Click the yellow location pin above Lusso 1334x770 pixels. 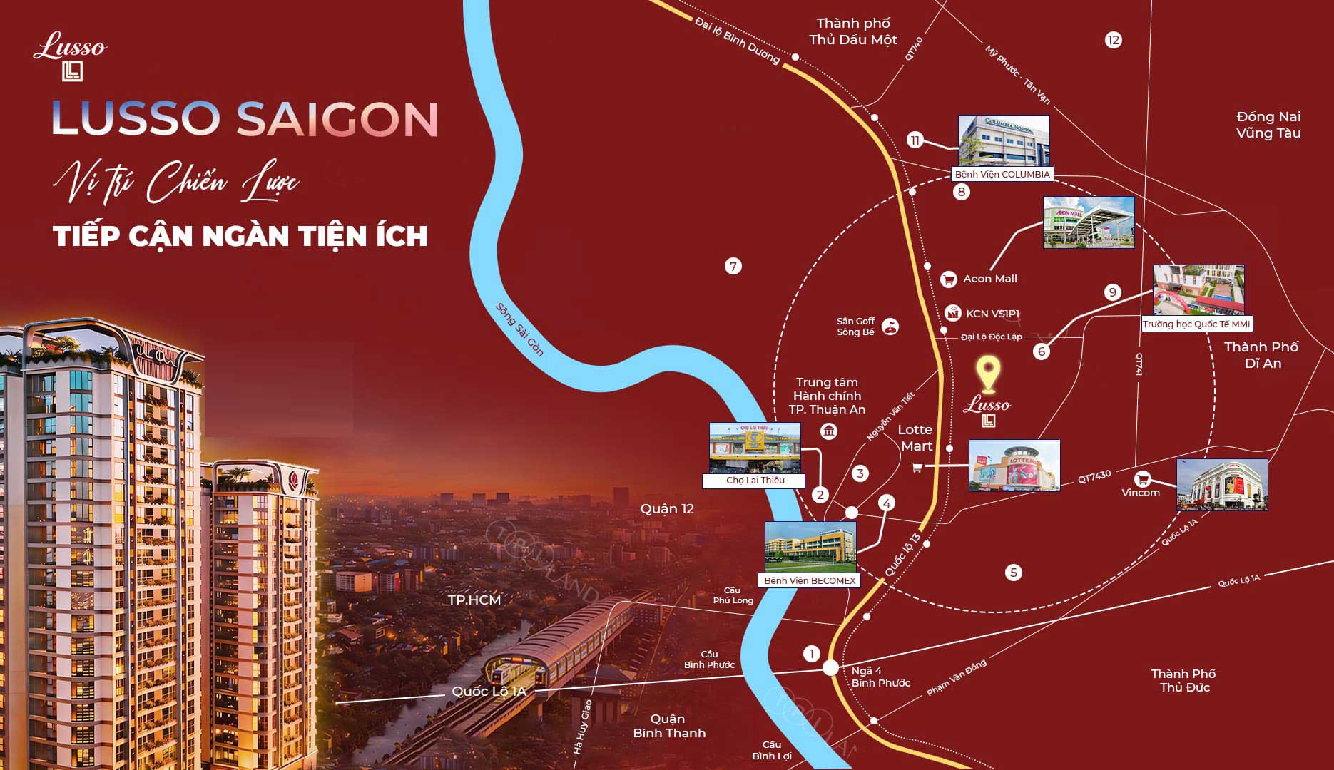pos(988,373)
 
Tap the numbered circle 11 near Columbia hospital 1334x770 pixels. pos(915,140)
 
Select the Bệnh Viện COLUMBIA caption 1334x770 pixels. pos(1002,175)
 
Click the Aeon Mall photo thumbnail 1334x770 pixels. pos(1089,222)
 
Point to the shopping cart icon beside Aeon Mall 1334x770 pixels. pos(948,279)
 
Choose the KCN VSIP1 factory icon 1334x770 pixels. pos(953,313)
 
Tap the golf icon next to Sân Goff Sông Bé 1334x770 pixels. pos(890,327)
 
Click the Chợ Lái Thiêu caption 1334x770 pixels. pos(755,481)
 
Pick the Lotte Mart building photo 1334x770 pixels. pos(1014,466)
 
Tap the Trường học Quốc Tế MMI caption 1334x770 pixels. pos(1196,324)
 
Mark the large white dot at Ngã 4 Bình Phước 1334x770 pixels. pos(830,668)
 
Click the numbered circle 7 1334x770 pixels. pos(733,267)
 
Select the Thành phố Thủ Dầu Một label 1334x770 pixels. pos(853,32)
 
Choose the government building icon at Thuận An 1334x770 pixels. pos(829,431)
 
